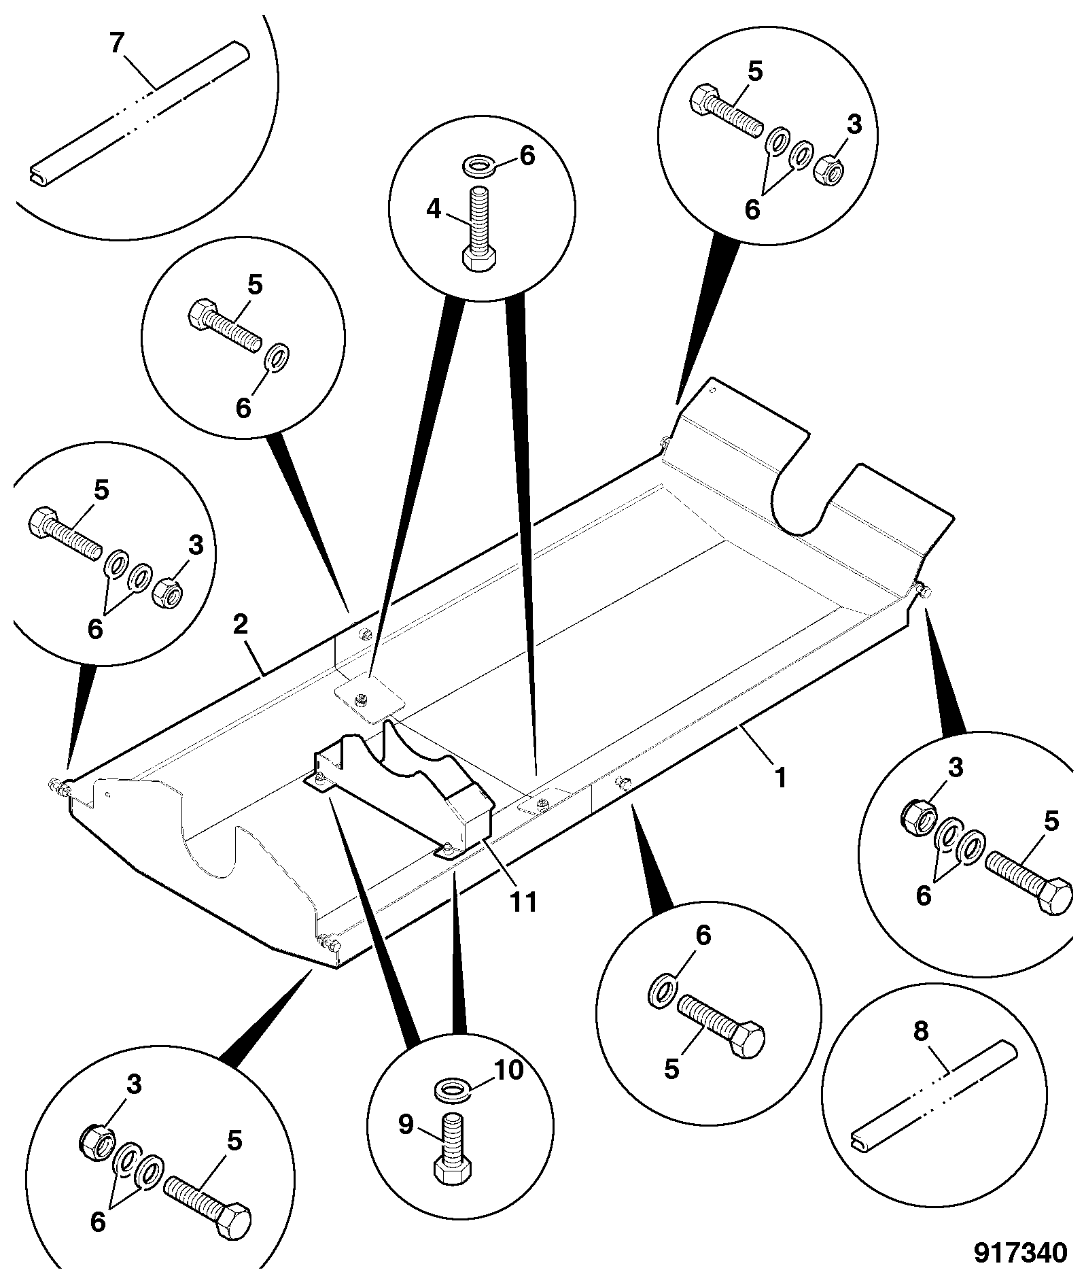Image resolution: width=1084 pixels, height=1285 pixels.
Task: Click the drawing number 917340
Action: (x=1020, y=1252)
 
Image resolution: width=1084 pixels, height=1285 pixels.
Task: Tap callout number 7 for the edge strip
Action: (x=117, y=44)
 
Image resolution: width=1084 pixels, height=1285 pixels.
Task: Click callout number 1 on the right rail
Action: (x=781, y=777)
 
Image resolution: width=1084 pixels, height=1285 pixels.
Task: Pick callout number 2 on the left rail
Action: (x=240, y=624)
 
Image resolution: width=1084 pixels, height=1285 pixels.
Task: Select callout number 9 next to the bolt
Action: (x=405, y=1125)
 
